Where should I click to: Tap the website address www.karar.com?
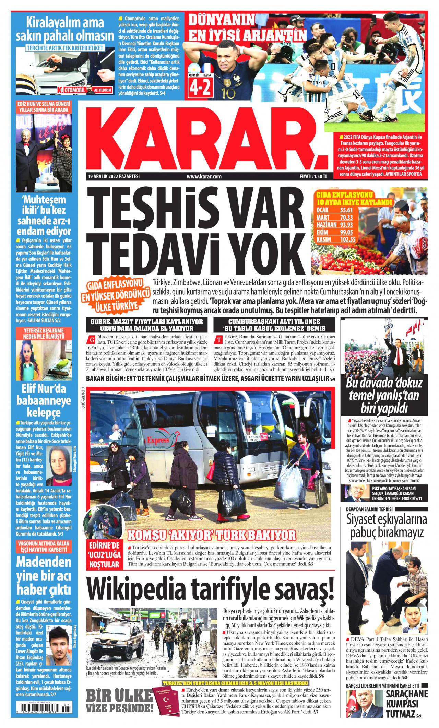pos(204,177)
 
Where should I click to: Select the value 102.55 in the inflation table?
pos(348,239)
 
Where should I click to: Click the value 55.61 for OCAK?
pos(346,210)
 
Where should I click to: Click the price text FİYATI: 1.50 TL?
pos(313,177)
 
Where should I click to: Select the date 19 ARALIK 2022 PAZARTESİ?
pos(114,177)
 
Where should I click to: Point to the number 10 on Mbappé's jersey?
pos(228,93)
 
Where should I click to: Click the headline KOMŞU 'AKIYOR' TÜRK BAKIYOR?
pos(211,535)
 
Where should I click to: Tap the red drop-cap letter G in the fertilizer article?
pos(91,340)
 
